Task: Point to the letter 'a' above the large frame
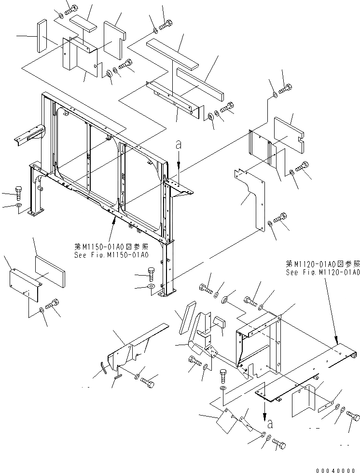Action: coord(179,144)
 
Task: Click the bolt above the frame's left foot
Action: coord(19,193)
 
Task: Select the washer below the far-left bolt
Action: coord(19,207)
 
